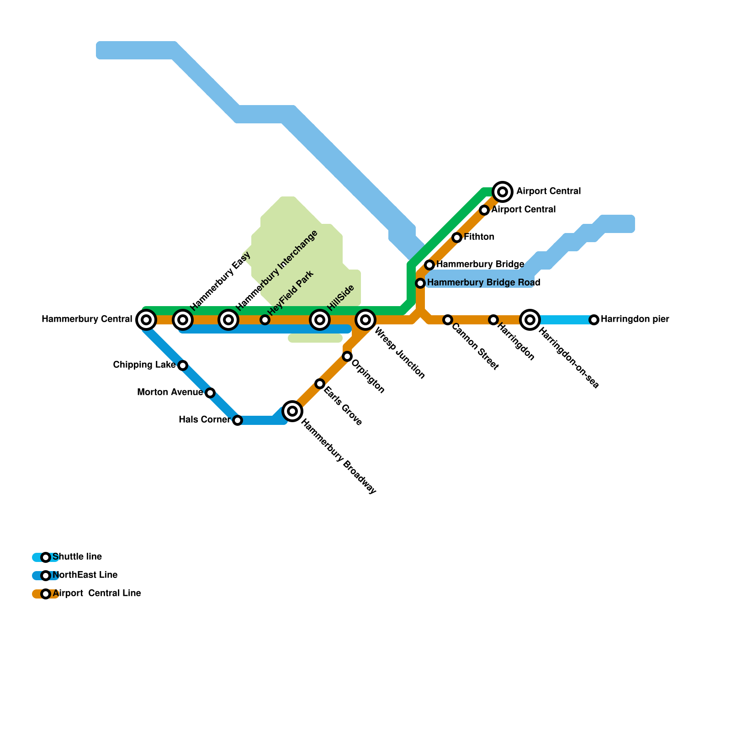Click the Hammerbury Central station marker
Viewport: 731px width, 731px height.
146,320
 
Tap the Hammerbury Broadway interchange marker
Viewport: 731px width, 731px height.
292,411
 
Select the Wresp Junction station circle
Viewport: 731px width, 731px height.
365,320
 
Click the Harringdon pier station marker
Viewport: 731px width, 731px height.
594,320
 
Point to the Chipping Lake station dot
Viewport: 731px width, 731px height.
183,365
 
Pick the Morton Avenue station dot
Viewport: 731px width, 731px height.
210,393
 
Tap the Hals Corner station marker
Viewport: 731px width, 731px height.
238,420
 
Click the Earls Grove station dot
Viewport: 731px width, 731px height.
320,384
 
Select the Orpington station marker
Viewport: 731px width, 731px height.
347,356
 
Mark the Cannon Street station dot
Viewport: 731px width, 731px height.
448,320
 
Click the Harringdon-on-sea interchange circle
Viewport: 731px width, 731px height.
530,320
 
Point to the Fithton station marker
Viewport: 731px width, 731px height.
457,238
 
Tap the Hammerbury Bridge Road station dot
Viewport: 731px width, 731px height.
420,283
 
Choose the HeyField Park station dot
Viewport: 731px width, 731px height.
265,320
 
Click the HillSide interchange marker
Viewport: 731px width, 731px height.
320,320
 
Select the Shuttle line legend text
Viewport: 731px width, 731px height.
77,557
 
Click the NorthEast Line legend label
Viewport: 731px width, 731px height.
85,575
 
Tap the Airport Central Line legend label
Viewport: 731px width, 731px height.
97,593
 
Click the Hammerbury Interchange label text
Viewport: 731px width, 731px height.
277,269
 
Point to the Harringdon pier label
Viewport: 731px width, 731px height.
635,319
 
